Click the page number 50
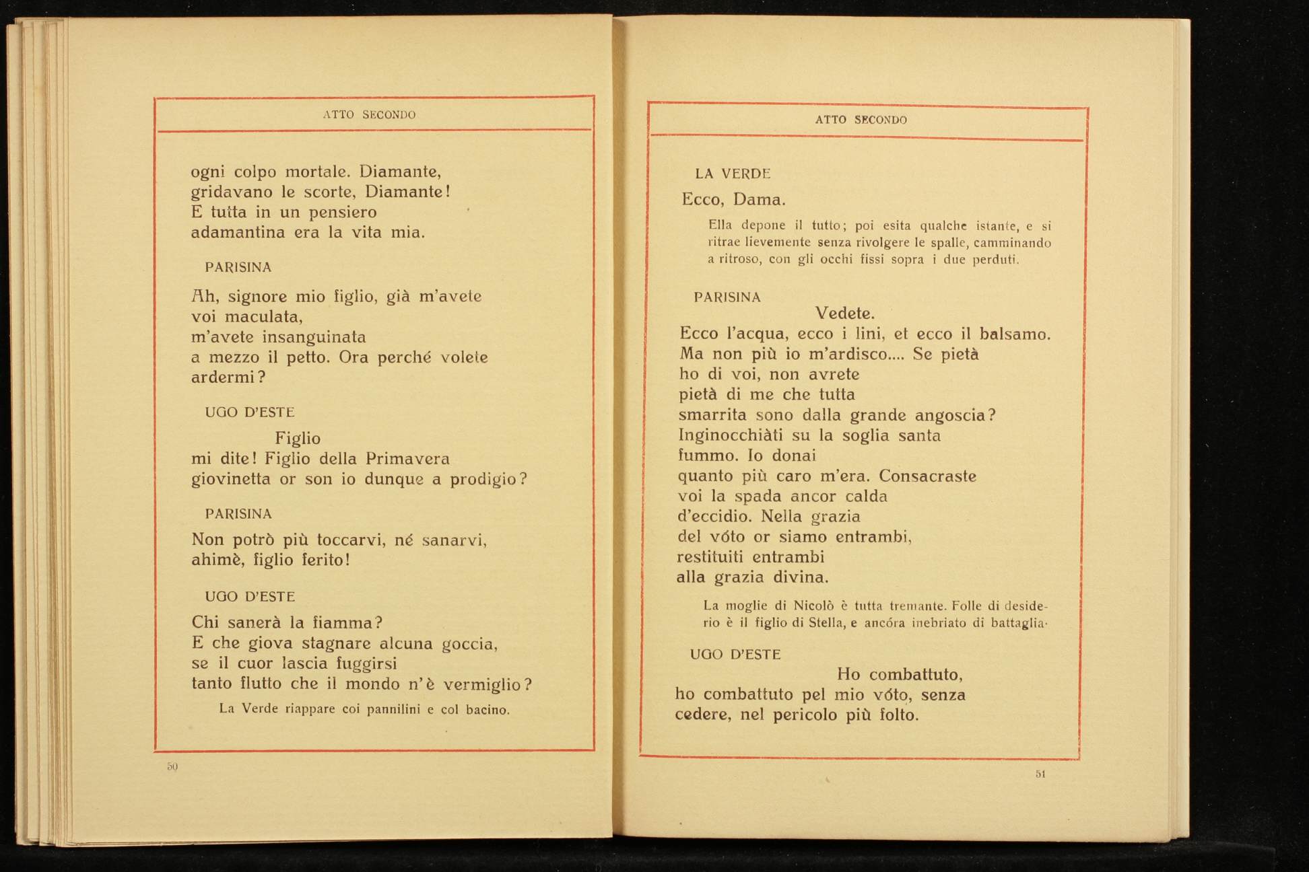pyautogui.click(x=172, y=766)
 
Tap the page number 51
pyautogui.click(x=1040, y=774)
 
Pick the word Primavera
pyautogui.click(x=407, y=459)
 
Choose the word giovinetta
pyautogui.click(x=231, y=479)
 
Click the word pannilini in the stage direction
pyautogui.click(x=393, y=709)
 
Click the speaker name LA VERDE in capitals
pyautogui.click(x=733, y=174)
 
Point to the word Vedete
pyautogui.click(x=844, y=314)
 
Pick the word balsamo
pyautogui.click(x=1014, y=334)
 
